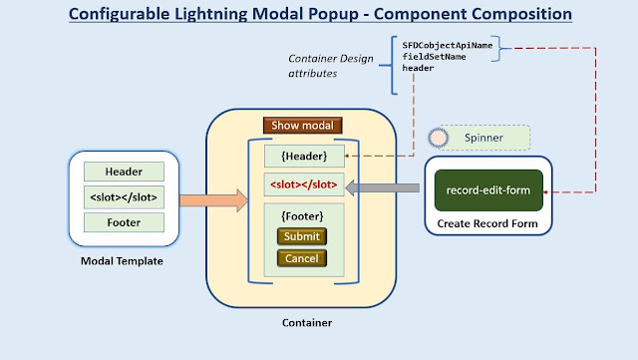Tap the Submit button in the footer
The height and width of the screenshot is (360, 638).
pyautogui.click(x=301, y=236)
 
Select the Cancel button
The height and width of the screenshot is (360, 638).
pyautogui.click(x=301, y=258)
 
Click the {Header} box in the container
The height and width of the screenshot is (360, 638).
pyautogui.click(x=304, y=156)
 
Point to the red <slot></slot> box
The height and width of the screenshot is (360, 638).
pyautogui.click(x=304, y=184)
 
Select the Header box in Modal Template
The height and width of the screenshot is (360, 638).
pyautogui.click(x=124, y=172)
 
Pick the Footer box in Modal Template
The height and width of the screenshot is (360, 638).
pyautogui.click(x=124, y=222)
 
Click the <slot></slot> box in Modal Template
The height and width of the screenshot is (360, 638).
pyautogui.click(x=124, y=196)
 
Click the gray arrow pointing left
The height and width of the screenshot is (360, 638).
pyautogui.click(x=385, y=185)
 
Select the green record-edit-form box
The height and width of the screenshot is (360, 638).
pyautogui.click(x=488, y=189)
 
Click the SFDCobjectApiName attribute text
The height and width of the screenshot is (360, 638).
pyautogui.click(x=447, y=46)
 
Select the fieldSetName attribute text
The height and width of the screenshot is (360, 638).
pyautogui.click(x=435, y=57)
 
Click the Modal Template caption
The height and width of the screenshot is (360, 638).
pyautogui.click(x=123, y=261)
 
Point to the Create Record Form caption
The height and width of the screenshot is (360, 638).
pyautogui.click(x=488, y=224)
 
